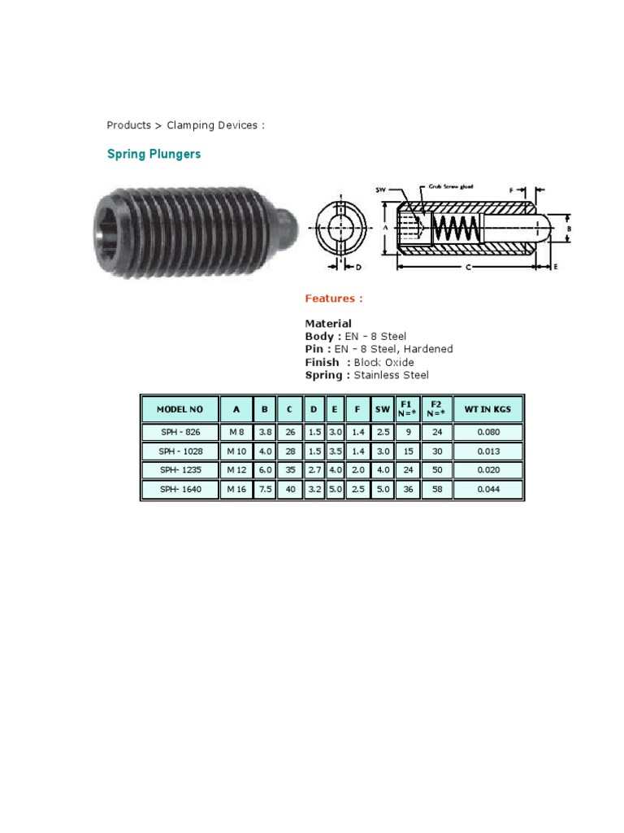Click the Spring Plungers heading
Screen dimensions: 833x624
point(154,154)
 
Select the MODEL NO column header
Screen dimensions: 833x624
point(180,409)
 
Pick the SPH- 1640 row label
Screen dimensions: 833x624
point(180,489)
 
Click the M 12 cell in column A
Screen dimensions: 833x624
point(236,470)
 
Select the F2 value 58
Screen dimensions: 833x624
point(436,489)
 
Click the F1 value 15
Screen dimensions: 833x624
point(407,451)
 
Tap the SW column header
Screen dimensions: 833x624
point(382,409)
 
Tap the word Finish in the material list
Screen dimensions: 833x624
point(322,362)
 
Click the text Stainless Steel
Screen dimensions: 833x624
point(391,375)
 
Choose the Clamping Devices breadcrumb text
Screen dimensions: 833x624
point(213,125)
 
